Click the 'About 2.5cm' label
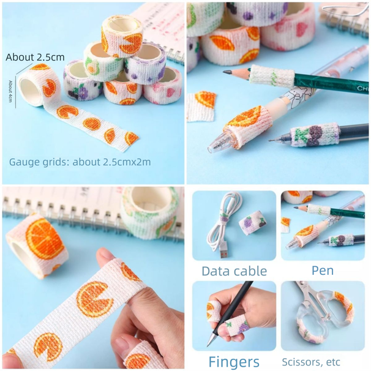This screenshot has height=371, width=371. [35, 57]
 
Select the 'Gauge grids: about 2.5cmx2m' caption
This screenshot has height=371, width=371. [80, 162]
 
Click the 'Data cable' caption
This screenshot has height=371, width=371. [234, 271]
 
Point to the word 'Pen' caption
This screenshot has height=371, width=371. [322, 270]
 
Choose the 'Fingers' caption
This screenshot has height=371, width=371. [234, 361]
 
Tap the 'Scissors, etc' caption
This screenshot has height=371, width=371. [311, 362]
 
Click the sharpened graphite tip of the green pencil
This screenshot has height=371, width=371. [227, 72]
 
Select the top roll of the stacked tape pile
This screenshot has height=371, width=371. [122, 36]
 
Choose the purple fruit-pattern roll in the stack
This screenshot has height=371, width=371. [146, 62]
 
